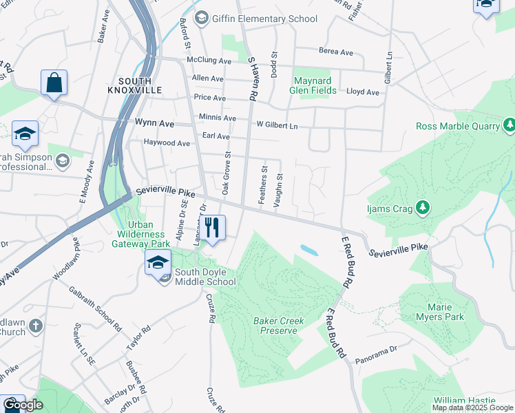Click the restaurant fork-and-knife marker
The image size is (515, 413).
(x=211, y=228)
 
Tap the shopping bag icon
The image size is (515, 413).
(x=54, y=83)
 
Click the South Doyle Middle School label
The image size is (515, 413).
(x=204, y=277)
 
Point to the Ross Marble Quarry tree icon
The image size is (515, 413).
(x=509, y=125)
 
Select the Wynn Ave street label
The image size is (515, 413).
(x=154, y=123)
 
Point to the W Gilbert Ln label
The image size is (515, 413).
(x=277, y=125)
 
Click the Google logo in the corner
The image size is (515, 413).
(x=22, y=404)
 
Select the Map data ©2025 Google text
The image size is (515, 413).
(x=472, y=407)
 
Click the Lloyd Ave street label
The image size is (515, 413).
(x=362, y=92)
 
